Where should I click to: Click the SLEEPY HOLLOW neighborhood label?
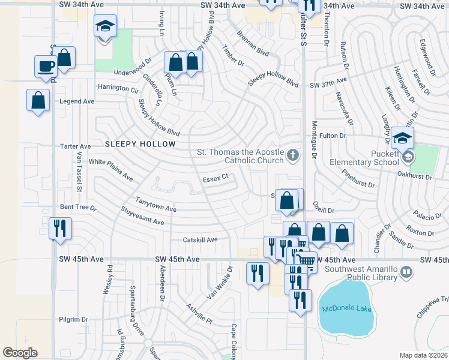point(140,144)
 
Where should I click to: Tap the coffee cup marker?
point(45,65)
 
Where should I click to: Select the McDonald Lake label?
point(346,309)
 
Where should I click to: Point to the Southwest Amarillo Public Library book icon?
point(406,273)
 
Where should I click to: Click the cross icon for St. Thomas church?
point(292,156)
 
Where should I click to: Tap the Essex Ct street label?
point(215,178)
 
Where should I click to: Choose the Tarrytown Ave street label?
point(155,205)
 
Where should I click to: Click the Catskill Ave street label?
point(200,239)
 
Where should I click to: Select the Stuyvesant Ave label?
point(142,217)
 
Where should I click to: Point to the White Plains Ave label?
point(110,170)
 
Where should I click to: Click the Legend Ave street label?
point(77,101)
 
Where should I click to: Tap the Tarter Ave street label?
point(75,146)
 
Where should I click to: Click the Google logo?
point(20,353)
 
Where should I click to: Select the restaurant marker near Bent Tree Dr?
point(59,228)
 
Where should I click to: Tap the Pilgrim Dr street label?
point(73,320)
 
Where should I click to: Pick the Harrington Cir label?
point(118,88)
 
